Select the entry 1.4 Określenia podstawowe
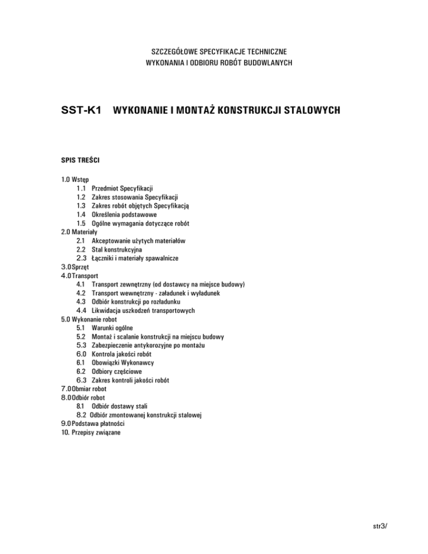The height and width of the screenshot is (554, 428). pos(117,215)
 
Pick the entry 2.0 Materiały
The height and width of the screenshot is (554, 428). pos(80,232)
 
